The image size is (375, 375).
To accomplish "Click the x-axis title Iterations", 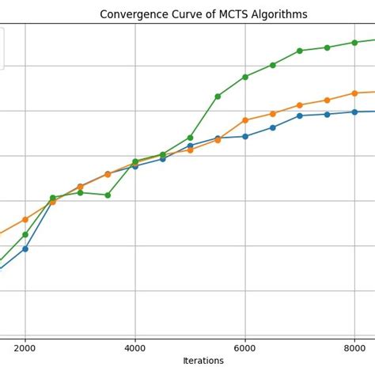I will tap(203, 361).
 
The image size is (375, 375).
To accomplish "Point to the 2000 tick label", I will tap(25, 347).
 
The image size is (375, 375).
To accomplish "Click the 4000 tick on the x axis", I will tap(135, 347).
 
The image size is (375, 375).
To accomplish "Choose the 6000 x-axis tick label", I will tap(245, 347).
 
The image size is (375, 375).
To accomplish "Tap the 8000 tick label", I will tap(354, 347).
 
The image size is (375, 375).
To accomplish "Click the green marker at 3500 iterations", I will tap(108, 195).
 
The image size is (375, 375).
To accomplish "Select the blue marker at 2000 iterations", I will tap(25, 248).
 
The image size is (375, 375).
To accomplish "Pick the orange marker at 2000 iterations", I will tap(25, 219).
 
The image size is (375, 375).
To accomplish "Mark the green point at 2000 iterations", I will tap(25, 234).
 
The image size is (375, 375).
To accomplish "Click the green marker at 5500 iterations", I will tap(218, 97).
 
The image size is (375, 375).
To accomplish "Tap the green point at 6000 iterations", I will tap(245, 77).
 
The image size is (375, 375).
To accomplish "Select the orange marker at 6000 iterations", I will tap(245, 120).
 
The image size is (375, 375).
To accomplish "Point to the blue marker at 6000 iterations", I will tap(245, 136).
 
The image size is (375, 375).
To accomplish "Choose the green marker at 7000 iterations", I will tap(300, 51).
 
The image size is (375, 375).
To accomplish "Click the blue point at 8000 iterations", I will tap(354, 112).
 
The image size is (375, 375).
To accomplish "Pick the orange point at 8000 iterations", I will tap(354, 93).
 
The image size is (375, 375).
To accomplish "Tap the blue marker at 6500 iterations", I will tap(273, 127).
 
